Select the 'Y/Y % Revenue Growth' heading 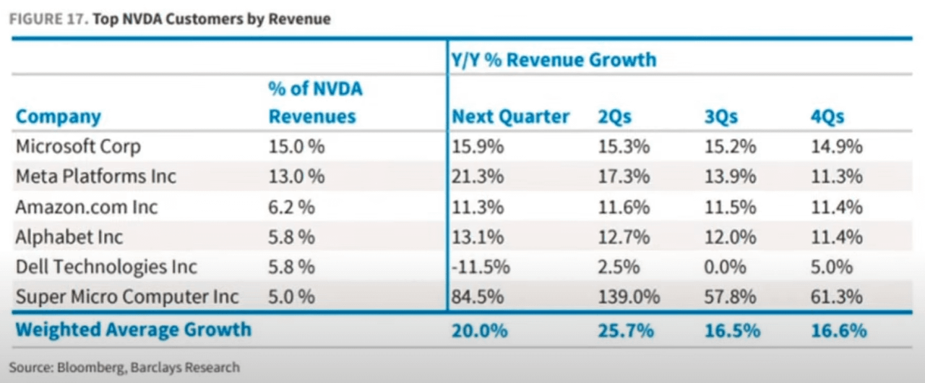(x=554, y=59)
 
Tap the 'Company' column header (x=59, y=116)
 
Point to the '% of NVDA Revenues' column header (x=314, y=103)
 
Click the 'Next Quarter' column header (x=510, y=116)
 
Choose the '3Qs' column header (x=720, y=116)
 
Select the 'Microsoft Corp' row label (x=78, y=147)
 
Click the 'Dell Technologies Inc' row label (x=106, y=267)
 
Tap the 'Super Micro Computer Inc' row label (x=127, y=296)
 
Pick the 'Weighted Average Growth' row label (x=134, y=330)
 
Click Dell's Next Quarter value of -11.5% (x=481, y=267)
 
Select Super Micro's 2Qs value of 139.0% (x=629, y=296)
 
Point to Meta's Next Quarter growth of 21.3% (x=478, y=176)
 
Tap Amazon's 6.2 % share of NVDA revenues (x=291, y=207)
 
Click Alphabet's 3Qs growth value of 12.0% (x=730, y=237)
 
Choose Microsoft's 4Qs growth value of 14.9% (x=836, y=147)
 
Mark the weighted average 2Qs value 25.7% (x=626, y=330)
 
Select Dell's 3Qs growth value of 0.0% (x=725, y=267)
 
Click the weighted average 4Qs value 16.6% (x=838, y=330)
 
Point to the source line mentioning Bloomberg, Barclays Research (x=124, y=368)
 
